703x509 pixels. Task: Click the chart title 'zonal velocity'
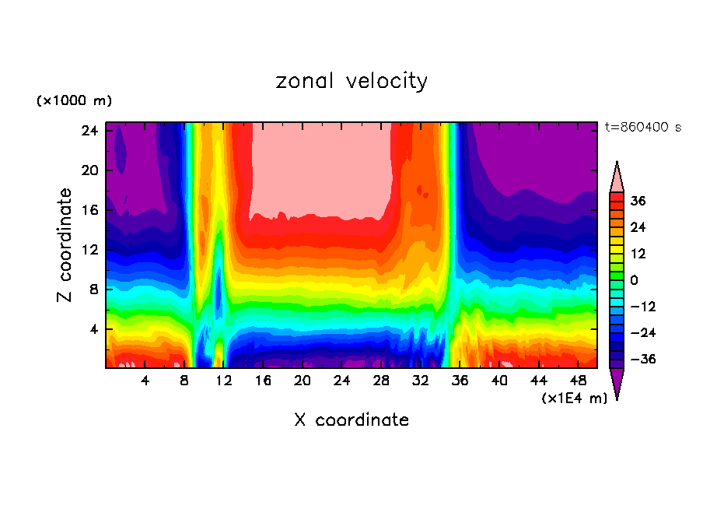(351, 81)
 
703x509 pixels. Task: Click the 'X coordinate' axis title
(351, 420)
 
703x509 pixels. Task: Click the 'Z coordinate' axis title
(65, 245)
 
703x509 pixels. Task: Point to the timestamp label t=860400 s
(642, 127)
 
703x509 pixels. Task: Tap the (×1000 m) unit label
(74, 101)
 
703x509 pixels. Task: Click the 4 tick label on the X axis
(145, 381)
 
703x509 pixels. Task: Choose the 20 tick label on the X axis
(303, 381)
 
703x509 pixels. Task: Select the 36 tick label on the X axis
(460, 381)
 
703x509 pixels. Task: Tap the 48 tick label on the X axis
(578, 381)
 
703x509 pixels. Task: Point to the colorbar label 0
(634, 280)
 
